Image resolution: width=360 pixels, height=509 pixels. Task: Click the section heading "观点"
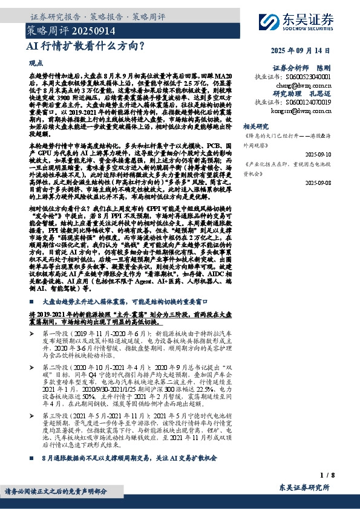coord(36,63)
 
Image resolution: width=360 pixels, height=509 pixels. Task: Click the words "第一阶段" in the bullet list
coord(57,334)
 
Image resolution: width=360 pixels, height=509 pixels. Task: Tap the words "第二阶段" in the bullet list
coord(57,366)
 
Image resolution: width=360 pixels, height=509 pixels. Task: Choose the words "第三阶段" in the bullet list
coord(57,416)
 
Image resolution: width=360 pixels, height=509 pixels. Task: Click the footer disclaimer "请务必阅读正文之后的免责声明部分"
coord(56,491)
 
